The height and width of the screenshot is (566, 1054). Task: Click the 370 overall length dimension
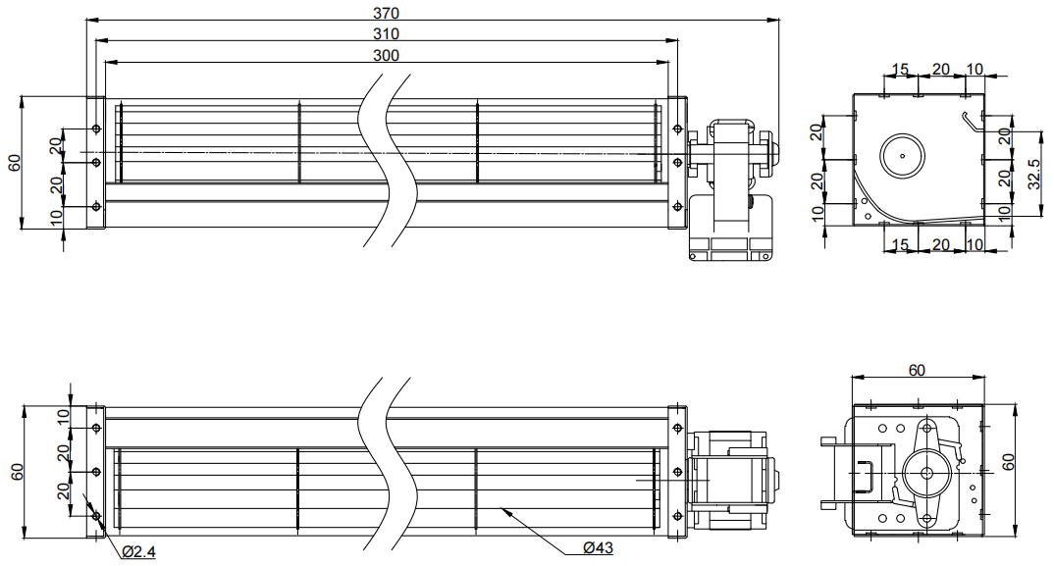pyautogui.click(x=386, y=13)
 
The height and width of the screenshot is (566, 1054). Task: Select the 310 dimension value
pyautogui.click(x=386, y=33)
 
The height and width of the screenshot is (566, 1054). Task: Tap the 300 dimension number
pyautogui.click(x=386, y=55)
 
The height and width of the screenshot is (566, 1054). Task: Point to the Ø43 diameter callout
pyautogui.click(x=599, y=547)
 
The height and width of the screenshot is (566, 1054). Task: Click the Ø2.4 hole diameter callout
pyautogui.click(x=139, y=552)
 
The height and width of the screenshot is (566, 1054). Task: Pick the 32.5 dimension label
pyautogui.click(x=1034, y=174)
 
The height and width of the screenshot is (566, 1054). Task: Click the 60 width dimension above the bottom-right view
pyautogui.click(x=917, y=371)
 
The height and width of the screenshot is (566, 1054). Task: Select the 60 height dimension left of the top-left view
pyautogui.click(x=15, y=163)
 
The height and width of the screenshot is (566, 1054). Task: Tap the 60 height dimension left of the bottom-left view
pyautogui.click(x=18, y=472)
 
